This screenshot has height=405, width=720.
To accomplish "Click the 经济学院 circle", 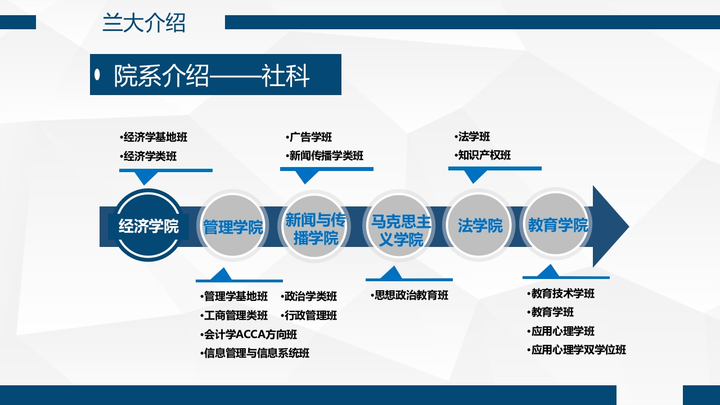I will point(148,226).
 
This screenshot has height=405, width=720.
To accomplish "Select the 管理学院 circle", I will point(233,227).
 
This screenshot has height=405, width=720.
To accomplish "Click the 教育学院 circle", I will point(557,226).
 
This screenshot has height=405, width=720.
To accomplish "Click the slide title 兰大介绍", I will point(144,24).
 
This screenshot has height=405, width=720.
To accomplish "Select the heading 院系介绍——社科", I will point(211,75).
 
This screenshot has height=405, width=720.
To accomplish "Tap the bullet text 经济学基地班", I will point(153,137).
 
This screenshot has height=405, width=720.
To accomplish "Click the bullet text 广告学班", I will point(310,137).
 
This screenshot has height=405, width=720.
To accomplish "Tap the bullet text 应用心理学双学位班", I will point(578,350).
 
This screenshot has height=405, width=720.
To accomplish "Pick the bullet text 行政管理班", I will point(310,316).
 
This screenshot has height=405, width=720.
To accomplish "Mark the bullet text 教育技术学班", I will point(562,294).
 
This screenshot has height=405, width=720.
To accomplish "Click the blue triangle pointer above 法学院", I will point(474,176).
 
